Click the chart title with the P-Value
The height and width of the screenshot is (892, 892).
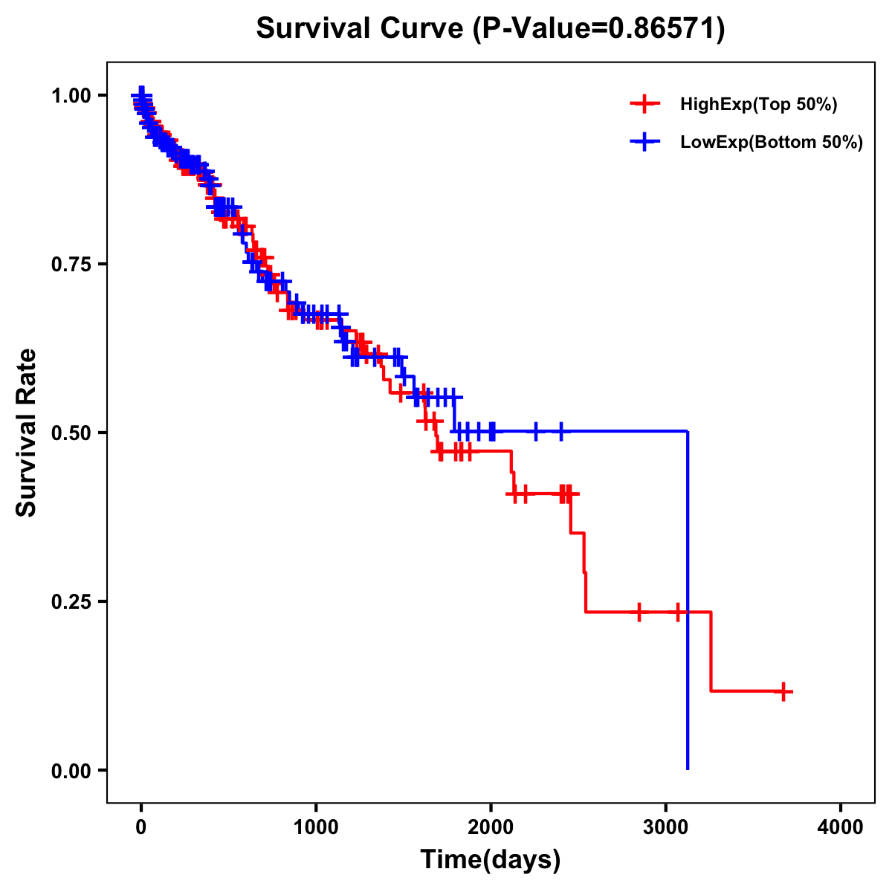point(490,29)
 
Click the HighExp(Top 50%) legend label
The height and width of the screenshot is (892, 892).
point(758,105)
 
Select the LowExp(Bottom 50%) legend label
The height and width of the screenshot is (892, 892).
point(771,143)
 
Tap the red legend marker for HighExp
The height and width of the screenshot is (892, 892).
point(644,105)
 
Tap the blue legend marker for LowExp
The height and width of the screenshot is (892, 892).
point(644,143)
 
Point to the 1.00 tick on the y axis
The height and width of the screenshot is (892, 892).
point(73,95)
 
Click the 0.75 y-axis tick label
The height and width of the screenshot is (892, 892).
point(73,264)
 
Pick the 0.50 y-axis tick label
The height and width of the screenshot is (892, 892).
point(73,433)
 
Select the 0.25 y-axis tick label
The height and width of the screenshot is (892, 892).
point(73,601)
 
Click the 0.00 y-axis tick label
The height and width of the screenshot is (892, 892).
point(73,770)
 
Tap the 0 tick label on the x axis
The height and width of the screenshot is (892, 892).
point(141,828)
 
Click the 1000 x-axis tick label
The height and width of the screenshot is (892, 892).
point(316,828)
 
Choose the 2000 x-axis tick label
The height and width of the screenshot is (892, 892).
point(491,828)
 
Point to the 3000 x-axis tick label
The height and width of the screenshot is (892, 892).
point(666,828)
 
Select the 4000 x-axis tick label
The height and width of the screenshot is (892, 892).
point(841,828)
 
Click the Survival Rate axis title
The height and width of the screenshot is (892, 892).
point(27,433)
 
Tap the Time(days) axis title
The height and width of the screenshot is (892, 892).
point(490,860)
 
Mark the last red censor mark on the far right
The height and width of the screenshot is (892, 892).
point(783,691)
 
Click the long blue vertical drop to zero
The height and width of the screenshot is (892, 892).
point(688,602)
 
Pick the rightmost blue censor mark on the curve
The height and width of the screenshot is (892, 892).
point(560,431)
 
